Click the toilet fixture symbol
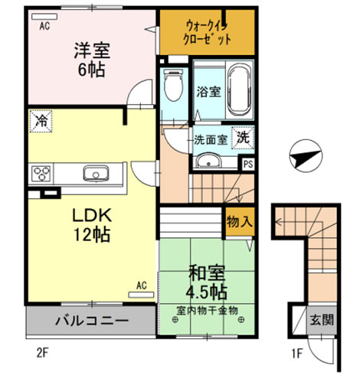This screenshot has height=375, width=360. [174, 85]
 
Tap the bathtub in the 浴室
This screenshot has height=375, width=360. [239, 90]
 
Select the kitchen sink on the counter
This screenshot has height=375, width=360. [96, 174]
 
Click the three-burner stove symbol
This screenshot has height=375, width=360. [41, 174]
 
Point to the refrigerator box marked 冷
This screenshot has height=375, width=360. [41, 121]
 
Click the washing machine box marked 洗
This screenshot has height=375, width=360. [243, 138]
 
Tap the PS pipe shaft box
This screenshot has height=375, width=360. [247, 164]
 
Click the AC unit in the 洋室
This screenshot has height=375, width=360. [44, 17]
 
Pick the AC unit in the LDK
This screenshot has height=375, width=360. [141, 295]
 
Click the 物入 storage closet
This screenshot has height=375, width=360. [240, 221]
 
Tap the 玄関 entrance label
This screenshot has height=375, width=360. [322, 320]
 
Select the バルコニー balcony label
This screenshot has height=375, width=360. [92, 321]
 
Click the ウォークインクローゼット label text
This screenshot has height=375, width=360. [208, 32]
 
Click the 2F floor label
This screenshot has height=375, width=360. [42, 354]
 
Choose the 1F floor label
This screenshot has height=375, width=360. [297, 354]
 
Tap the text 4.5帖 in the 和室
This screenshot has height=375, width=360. [206, 292]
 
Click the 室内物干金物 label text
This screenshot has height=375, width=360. [207, 311]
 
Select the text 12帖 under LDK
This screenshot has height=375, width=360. [92, 234]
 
